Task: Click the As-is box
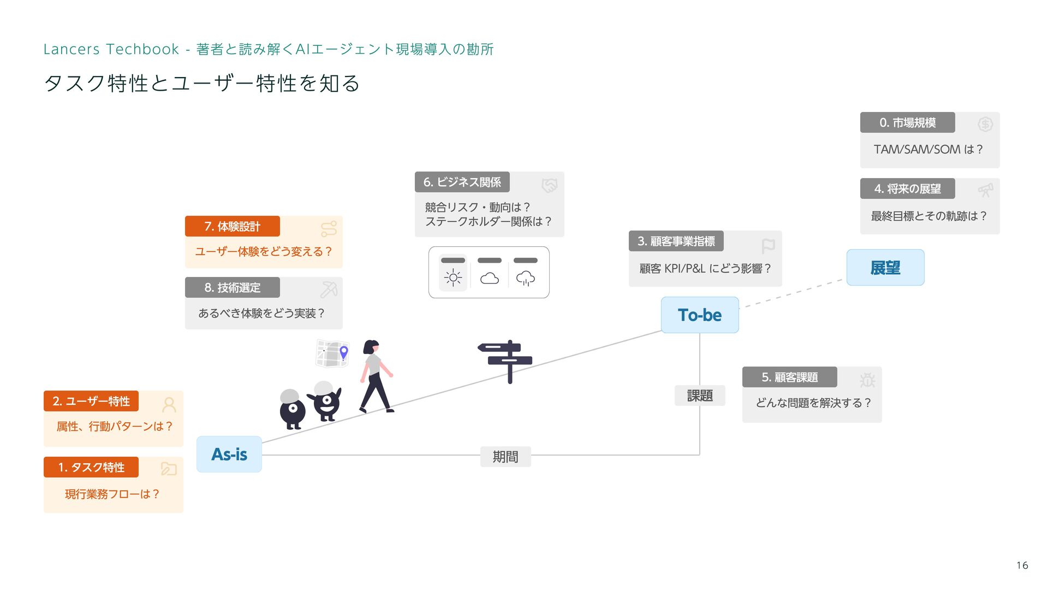[229, 454]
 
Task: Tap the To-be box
[699, 315]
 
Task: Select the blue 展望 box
[885, 268]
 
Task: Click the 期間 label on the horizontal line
[505, 456]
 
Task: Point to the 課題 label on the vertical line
[700, 396]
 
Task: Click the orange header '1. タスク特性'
[91, 467]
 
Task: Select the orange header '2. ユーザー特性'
[91, 401]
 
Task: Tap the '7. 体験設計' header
[233, 226]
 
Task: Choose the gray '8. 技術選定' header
[233, 287]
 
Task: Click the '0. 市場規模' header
[907, 122]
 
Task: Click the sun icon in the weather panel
[453, 278]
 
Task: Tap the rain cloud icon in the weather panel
[526, 278]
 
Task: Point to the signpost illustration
[508, 361]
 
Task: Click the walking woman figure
[376, 377]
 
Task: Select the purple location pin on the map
[344, 352]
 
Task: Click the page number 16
[1022, 565]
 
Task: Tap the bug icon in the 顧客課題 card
[867, 380]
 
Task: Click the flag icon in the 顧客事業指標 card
[768, 246]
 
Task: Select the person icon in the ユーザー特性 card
[169, 404]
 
